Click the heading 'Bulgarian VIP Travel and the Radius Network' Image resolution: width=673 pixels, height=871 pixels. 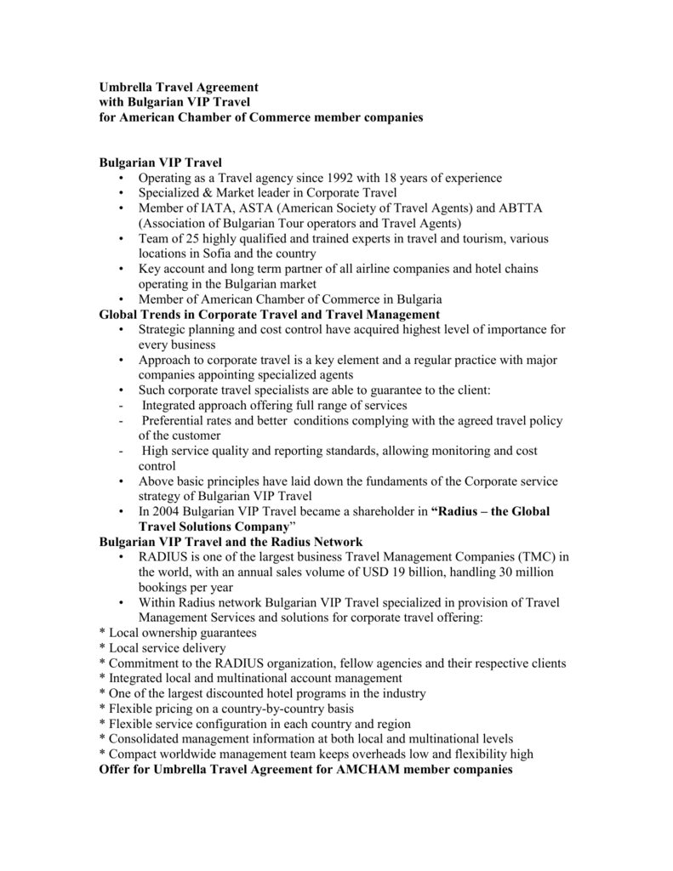[x=231, y=542]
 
